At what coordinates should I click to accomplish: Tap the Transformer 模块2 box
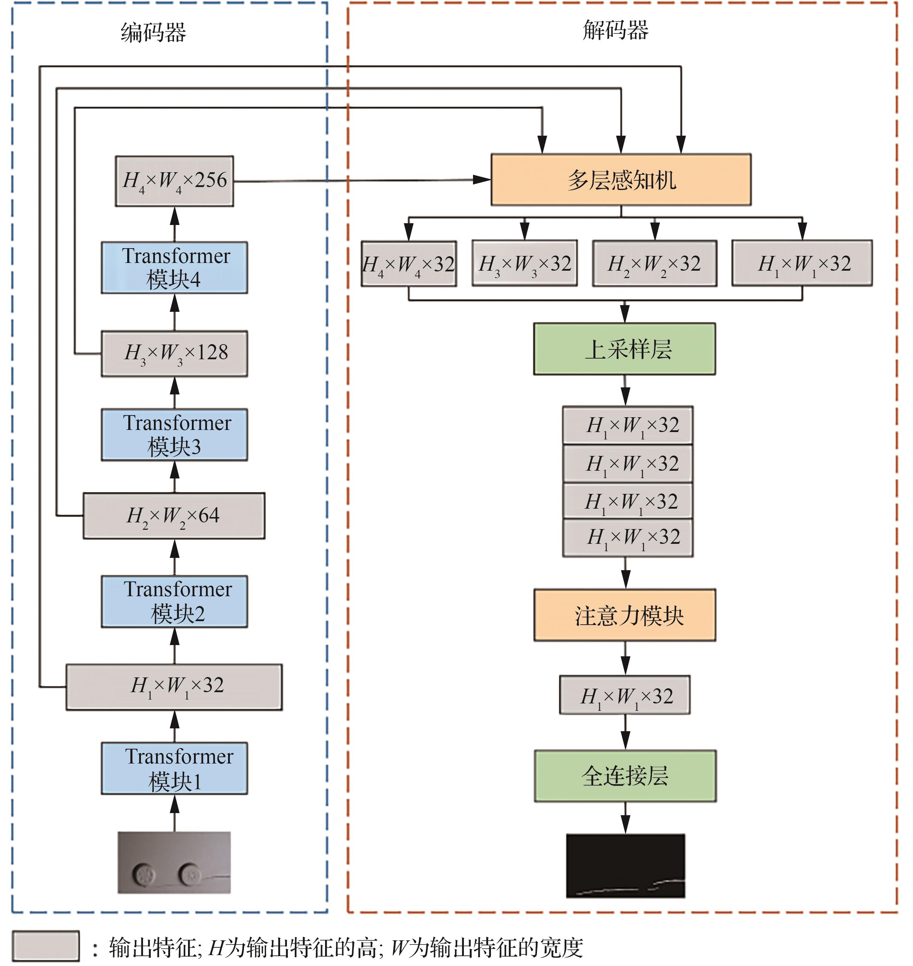tap(174, 602)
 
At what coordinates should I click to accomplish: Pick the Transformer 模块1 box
tap(174, 769)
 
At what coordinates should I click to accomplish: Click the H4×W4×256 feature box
tap(174, 181)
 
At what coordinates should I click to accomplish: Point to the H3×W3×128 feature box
tap(174, 354)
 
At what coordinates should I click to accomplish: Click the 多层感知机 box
tap(621, 180)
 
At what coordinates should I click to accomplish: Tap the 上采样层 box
tap(624, 349)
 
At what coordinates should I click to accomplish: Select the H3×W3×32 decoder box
tap(525, 263)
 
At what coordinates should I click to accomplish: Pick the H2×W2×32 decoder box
tap(655, 263)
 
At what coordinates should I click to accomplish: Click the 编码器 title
tap(153, 33)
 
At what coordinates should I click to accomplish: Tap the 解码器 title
tap(616, 30)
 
